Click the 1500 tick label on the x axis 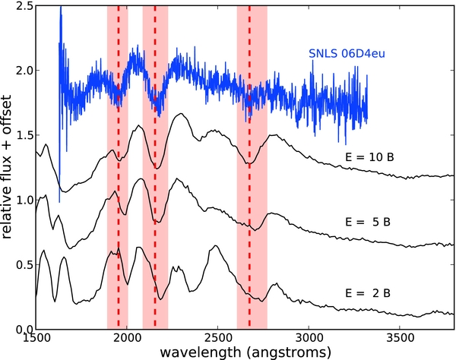coord(36,339)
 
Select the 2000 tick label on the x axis coord(127,339)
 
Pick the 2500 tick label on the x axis coord(218,339)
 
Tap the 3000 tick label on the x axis coord(309,339)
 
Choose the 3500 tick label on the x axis coord(400,339)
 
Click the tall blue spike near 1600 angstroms coord(60,46)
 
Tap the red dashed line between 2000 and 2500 coord(155,228)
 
